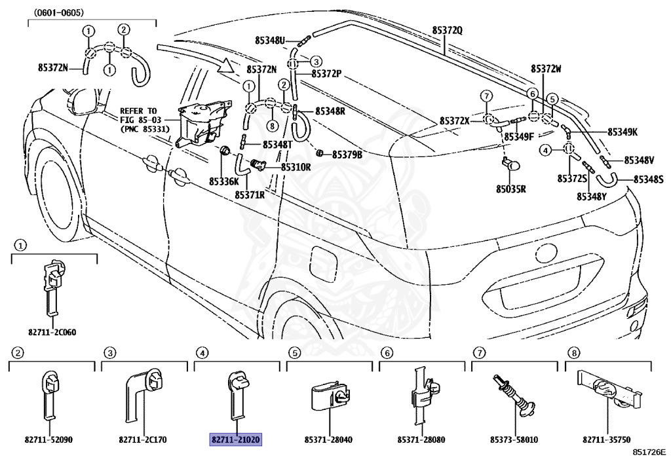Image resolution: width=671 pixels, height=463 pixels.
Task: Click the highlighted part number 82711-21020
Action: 235,439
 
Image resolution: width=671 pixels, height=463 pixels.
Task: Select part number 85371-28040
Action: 329,439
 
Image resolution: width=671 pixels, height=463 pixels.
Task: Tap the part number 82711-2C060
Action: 52,332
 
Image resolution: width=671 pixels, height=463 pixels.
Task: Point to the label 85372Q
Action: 447,30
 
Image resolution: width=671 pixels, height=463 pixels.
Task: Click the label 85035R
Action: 510,189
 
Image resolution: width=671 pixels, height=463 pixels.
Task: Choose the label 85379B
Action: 347,155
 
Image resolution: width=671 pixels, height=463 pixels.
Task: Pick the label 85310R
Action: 296,167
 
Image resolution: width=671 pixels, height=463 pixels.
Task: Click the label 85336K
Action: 224,181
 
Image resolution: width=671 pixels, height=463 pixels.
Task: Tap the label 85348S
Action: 648,179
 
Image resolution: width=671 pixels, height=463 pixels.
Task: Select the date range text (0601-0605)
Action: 58,13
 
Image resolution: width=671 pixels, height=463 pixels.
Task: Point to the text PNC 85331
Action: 145,128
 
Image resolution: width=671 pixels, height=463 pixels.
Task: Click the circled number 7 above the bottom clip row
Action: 479,353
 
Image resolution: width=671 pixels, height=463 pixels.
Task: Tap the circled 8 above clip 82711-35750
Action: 573,353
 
